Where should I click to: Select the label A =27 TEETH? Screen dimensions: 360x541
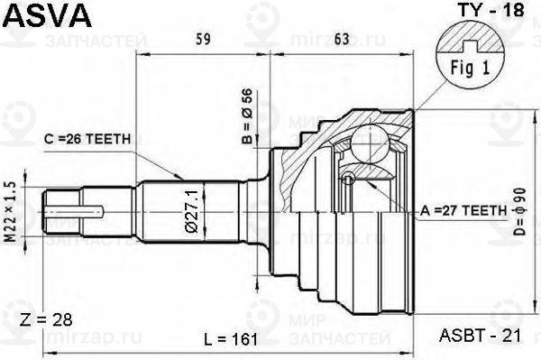pyautogui.click(x=463, y=211)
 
